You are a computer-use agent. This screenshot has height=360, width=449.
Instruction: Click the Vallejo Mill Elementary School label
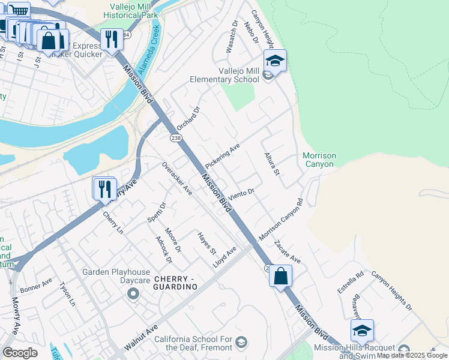[222, 74]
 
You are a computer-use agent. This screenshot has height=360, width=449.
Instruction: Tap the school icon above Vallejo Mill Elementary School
[275, 61]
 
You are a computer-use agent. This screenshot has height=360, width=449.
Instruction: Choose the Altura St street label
[273, 164]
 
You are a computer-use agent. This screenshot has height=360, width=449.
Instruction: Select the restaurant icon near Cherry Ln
[105, 188]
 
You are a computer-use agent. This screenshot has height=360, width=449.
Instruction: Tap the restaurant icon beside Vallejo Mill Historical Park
[111, 40]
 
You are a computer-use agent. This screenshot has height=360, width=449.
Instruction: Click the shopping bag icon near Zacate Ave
[280, 277]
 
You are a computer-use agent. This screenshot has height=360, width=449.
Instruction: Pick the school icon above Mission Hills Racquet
[362, 331]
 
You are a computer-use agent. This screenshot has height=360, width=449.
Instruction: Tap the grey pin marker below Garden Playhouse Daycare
[133, 293]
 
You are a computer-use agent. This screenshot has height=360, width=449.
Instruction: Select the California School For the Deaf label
[192, 343]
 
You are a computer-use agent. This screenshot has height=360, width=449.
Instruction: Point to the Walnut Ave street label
[141, 338]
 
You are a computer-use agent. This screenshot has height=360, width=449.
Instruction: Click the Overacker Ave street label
[176, 178]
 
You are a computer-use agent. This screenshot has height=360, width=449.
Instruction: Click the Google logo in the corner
[20, 353]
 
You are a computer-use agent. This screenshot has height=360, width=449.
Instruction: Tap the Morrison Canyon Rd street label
[281, 220]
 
